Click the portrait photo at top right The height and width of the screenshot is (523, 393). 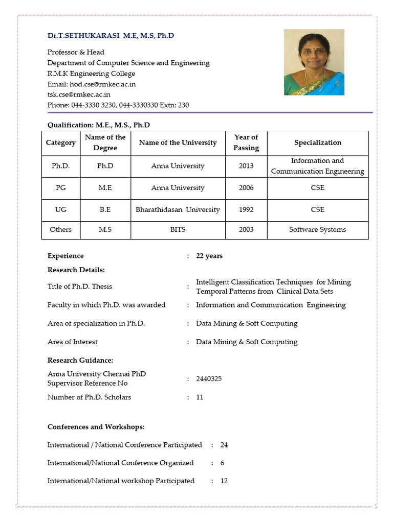(314, 62)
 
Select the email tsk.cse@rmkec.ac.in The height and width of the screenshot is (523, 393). (79, 94)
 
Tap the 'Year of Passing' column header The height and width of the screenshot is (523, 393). (246, 142)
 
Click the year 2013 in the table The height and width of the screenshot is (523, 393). (246, 166)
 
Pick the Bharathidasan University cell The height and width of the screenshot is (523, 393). (178, 209)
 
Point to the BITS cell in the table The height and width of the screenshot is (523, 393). (178, 229)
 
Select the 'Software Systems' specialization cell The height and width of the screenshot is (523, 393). (317, 229)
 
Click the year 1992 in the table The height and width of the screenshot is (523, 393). (246, 209)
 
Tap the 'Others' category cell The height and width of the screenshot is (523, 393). (60, 229)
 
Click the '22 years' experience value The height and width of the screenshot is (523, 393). (209, 256)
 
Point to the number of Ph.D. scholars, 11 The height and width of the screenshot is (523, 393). (200, 397)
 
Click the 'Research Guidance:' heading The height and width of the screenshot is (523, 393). (80, 360)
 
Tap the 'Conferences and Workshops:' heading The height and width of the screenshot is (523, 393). (96, 426)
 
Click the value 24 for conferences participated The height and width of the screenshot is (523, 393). (224, 445)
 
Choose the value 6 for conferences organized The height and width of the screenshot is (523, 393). (222, 463)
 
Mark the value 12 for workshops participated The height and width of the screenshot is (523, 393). (224, 481)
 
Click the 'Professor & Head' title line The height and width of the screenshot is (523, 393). (76, 52)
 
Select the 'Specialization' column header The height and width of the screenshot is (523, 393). (317, 142)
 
